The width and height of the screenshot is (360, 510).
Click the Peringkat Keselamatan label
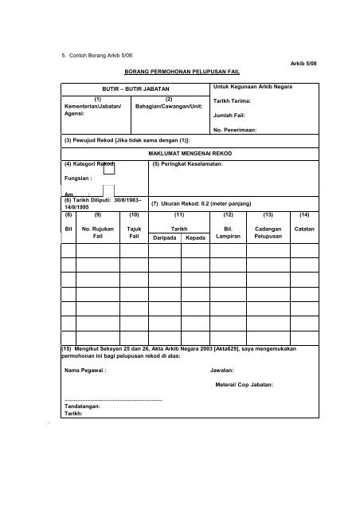(x=187, y=164)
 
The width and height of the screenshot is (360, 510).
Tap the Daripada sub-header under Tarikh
(x=163, y=238)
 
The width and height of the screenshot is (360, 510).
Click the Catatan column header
(x=304, y=229)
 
